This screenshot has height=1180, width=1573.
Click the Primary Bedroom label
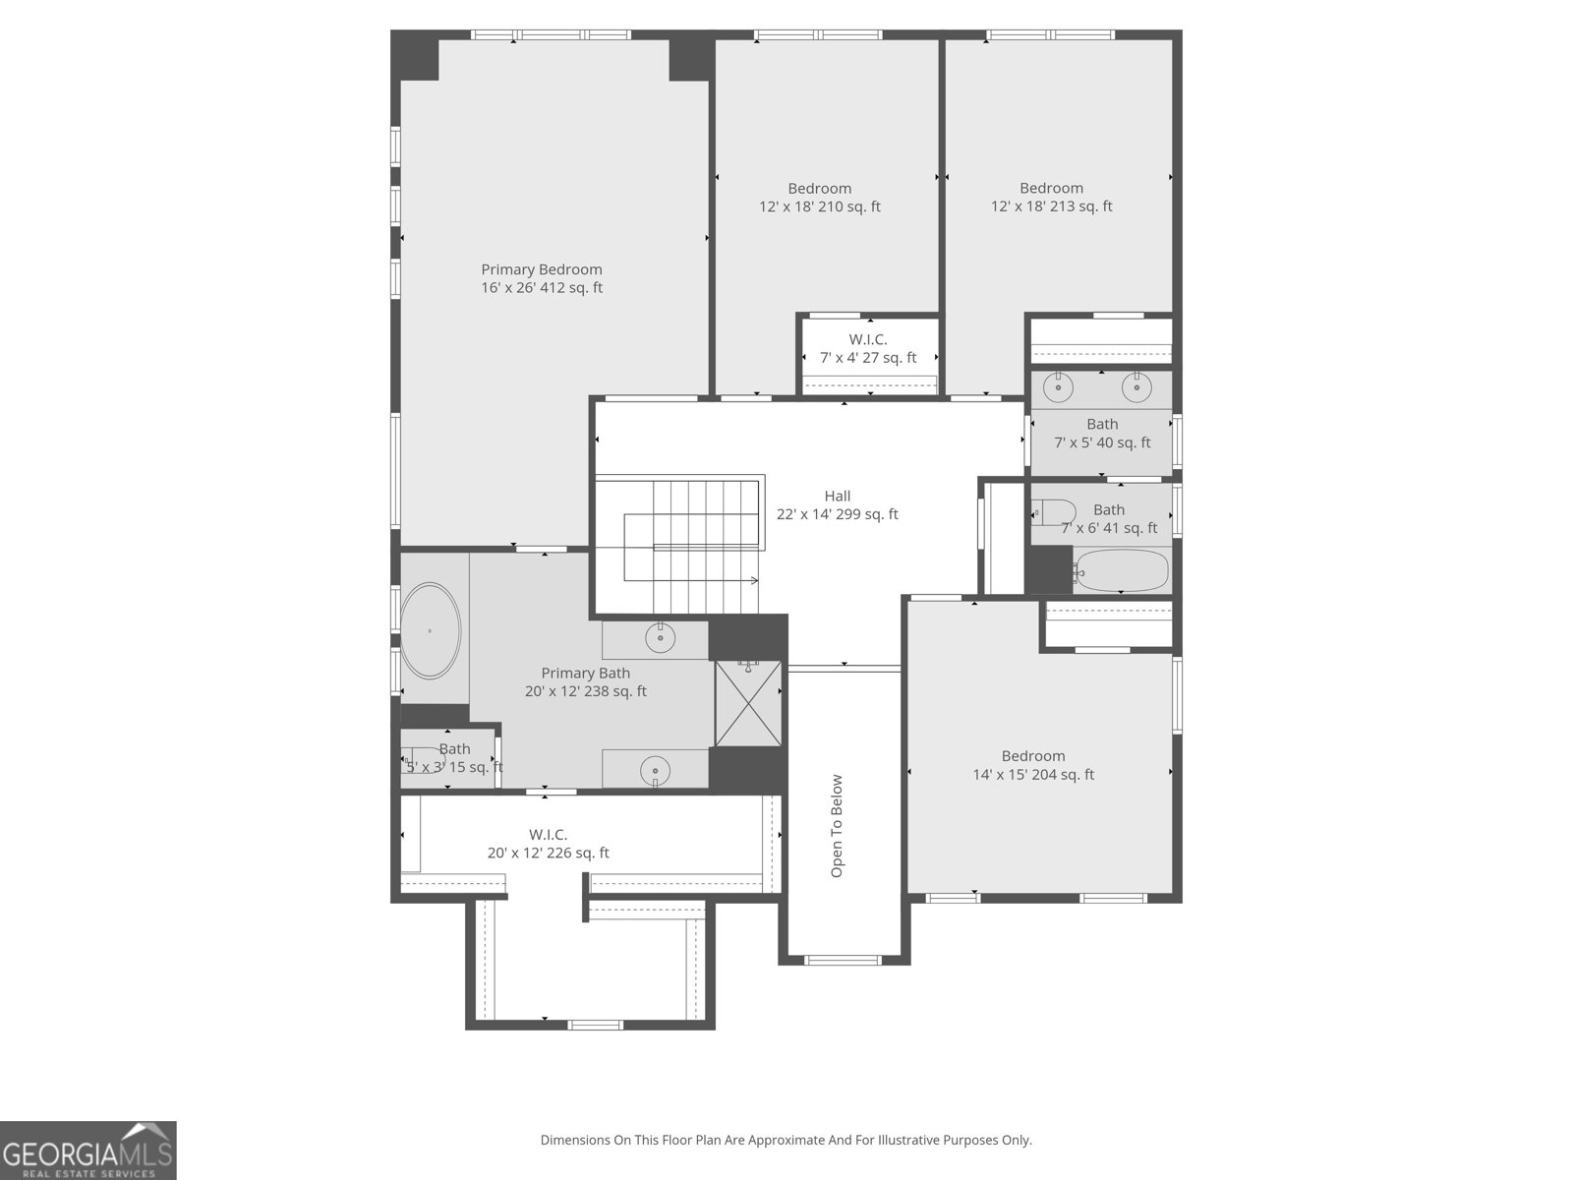click(542, 269)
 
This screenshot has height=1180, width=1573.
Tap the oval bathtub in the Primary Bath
click(430, 630)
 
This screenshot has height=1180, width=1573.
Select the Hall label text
click(838, 497)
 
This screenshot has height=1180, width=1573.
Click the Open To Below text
click(837, 826)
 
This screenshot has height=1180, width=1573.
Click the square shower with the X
click(749, 704)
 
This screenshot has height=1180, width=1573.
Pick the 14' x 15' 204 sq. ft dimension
click(1033, 775)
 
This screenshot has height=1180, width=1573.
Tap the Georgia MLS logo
click(87, 1150)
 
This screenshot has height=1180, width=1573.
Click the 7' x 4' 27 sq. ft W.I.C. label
click(868, 349)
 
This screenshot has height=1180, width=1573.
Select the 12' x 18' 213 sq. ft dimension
click(1051, 206)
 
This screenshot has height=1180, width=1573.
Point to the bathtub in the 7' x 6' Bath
click(1122, 571)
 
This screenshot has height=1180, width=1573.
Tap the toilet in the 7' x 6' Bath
click(1053, 511)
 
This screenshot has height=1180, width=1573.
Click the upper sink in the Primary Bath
click(661, 638)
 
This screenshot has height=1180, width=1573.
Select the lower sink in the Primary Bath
click(655, 768)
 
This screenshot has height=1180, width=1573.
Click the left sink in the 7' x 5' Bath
click(1059, 387)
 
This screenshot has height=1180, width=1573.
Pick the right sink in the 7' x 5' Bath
click(1136, 387)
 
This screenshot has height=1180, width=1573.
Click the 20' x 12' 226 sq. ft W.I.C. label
click(548, 845)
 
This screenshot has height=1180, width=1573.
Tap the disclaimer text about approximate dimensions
click(786, 1141)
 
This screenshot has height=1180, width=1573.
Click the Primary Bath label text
click(585, 674)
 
